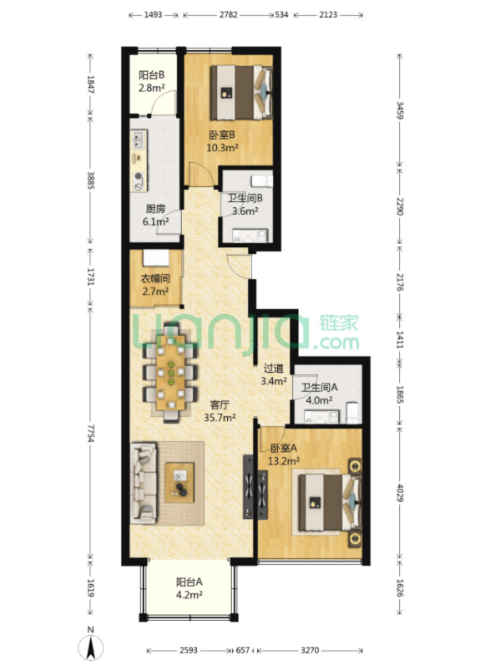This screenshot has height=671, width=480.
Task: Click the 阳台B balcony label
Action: tap(152, 75)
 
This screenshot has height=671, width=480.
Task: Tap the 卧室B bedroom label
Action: tap(222, 135)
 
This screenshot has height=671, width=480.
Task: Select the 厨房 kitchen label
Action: tap(155, 209)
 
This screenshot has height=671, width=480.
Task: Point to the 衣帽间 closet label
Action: tap(155, 279)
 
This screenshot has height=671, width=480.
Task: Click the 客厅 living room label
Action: tap(220, 404)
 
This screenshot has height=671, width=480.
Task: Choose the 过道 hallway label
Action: tap(274, 368)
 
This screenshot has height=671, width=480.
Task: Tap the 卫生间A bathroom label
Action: tap(319, 387)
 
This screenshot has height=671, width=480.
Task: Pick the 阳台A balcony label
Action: tap(189, 582)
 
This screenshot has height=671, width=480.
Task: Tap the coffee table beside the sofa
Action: tap(179, 482)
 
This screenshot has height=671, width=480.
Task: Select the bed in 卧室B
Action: tap(241, 92)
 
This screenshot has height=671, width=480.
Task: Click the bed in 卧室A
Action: tap(330, 502)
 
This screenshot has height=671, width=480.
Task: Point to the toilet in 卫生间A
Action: tap(352, 412)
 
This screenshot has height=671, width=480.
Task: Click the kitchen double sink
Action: tap(139, 139)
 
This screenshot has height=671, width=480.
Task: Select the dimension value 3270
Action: tap(310, 650)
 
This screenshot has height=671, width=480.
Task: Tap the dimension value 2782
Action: tap(228, 14)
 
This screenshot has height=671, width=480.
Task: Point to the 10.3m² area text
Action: tap(222, 148)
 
